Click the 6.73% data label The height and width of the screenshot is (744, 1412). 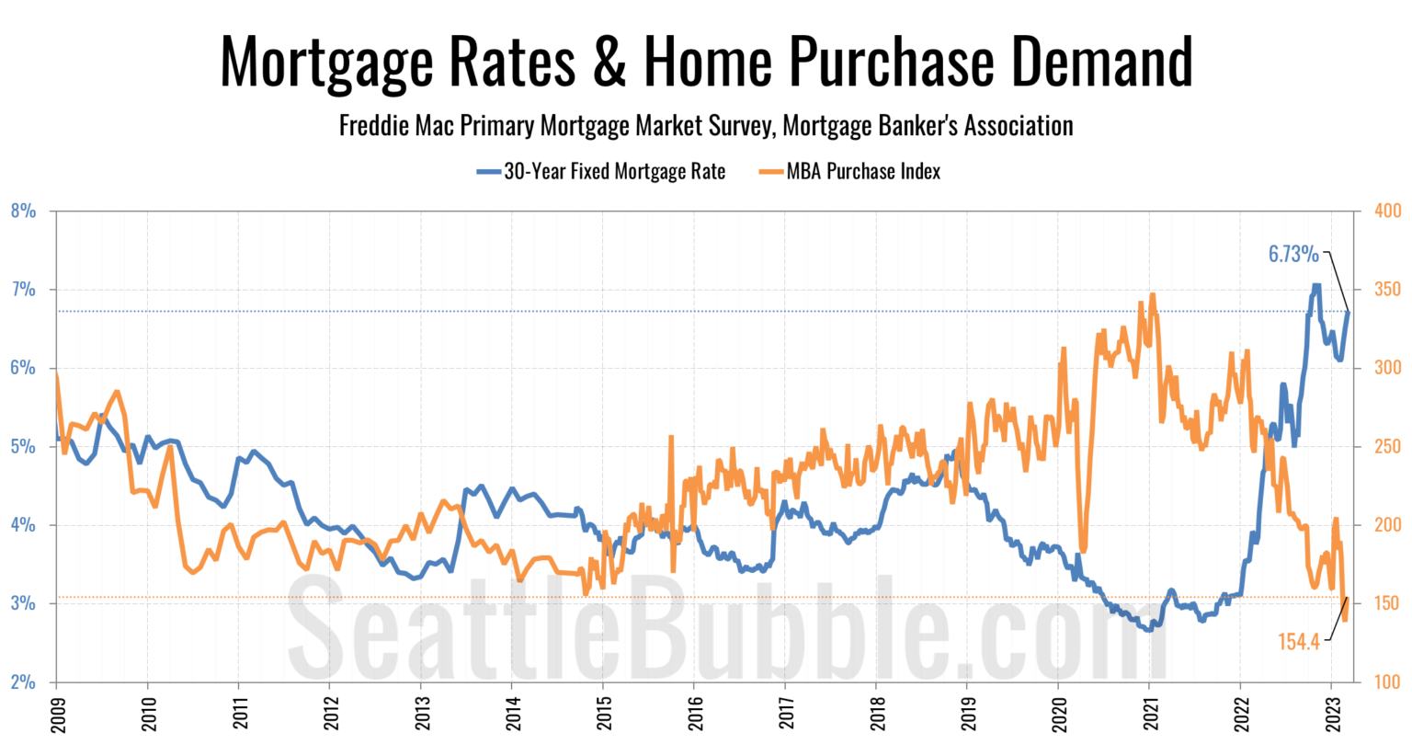pos(1293,254)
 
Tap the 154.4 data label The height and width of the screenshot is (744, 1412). pos(1299,642)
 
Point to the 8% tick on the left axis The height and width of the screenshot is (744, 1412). pos(23,212)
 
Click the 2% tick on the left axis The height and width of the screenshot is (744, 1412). pos(23,682)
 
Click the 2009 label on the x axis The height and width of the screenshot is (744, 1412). pos(56,713)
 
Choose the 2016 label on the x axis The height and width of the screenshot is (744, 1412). pos(693,713)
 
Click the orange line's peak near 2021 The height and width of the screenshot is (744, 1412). pos(1152,295)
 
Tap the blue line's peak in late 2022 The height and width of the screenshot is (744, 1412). pos(1315,286)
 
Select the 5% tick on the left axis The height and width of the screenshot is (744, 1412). pos(23,447)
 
